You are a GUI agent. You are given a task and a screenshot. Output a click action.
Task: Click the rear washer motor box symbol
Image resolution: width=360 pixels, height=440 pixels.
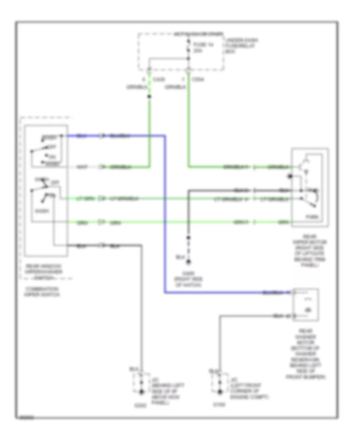(306, 304)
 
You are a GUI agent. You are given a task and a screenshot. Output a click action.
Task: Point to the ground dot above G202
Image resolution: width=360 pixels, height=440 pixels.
(141, 391)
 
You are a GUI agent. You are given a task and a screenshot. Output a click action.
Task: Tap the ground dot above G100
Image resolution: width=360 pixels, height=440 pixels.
(220, 391)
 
